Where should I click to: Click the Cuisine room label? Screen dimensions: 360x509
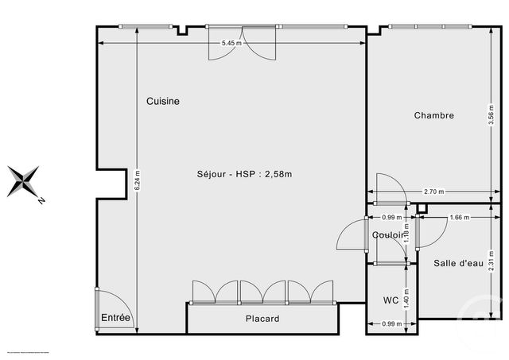[162, 102]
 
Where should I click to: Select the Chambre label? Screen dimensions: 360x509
[434, 115]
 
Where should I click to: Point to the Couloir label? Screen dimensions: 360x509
[388, 235]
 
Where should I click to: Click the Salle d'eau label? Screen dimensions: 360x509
[457, 263]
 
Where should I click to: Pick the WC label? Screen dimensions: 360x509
[390, 300]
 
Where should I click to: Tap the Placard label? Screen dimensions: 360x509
[262, 319]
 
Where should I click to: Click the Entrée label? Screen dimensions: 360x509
[116, 318]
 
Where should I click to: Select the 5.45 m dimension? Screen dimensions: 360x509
[230, 43]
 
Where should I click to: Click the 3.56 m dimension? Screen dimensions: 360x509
[491, 116]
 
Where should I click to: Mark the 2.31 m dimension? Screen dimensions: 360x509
[491, 261]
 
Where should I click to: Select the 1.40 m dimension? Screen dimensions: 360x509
[406, 298]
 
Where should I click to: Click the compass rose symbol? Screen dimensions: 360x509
[23, 181]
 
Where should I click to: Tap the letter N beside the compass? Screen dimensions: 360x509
[41, 201]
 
